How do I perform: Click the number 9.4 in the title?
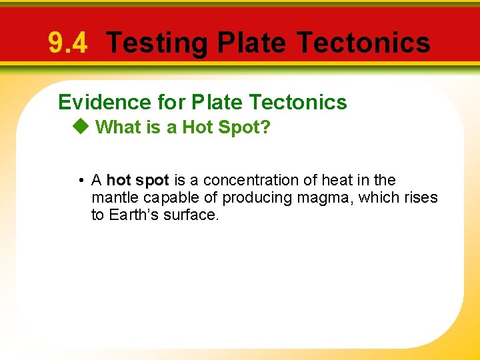point(67,43)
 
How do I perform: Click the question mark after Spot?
point(266,127)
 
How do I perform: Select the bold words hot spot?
point(137,181)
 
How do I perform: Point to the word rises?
point(421,198)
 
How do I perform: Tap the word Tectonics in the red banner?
point(363,43)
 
